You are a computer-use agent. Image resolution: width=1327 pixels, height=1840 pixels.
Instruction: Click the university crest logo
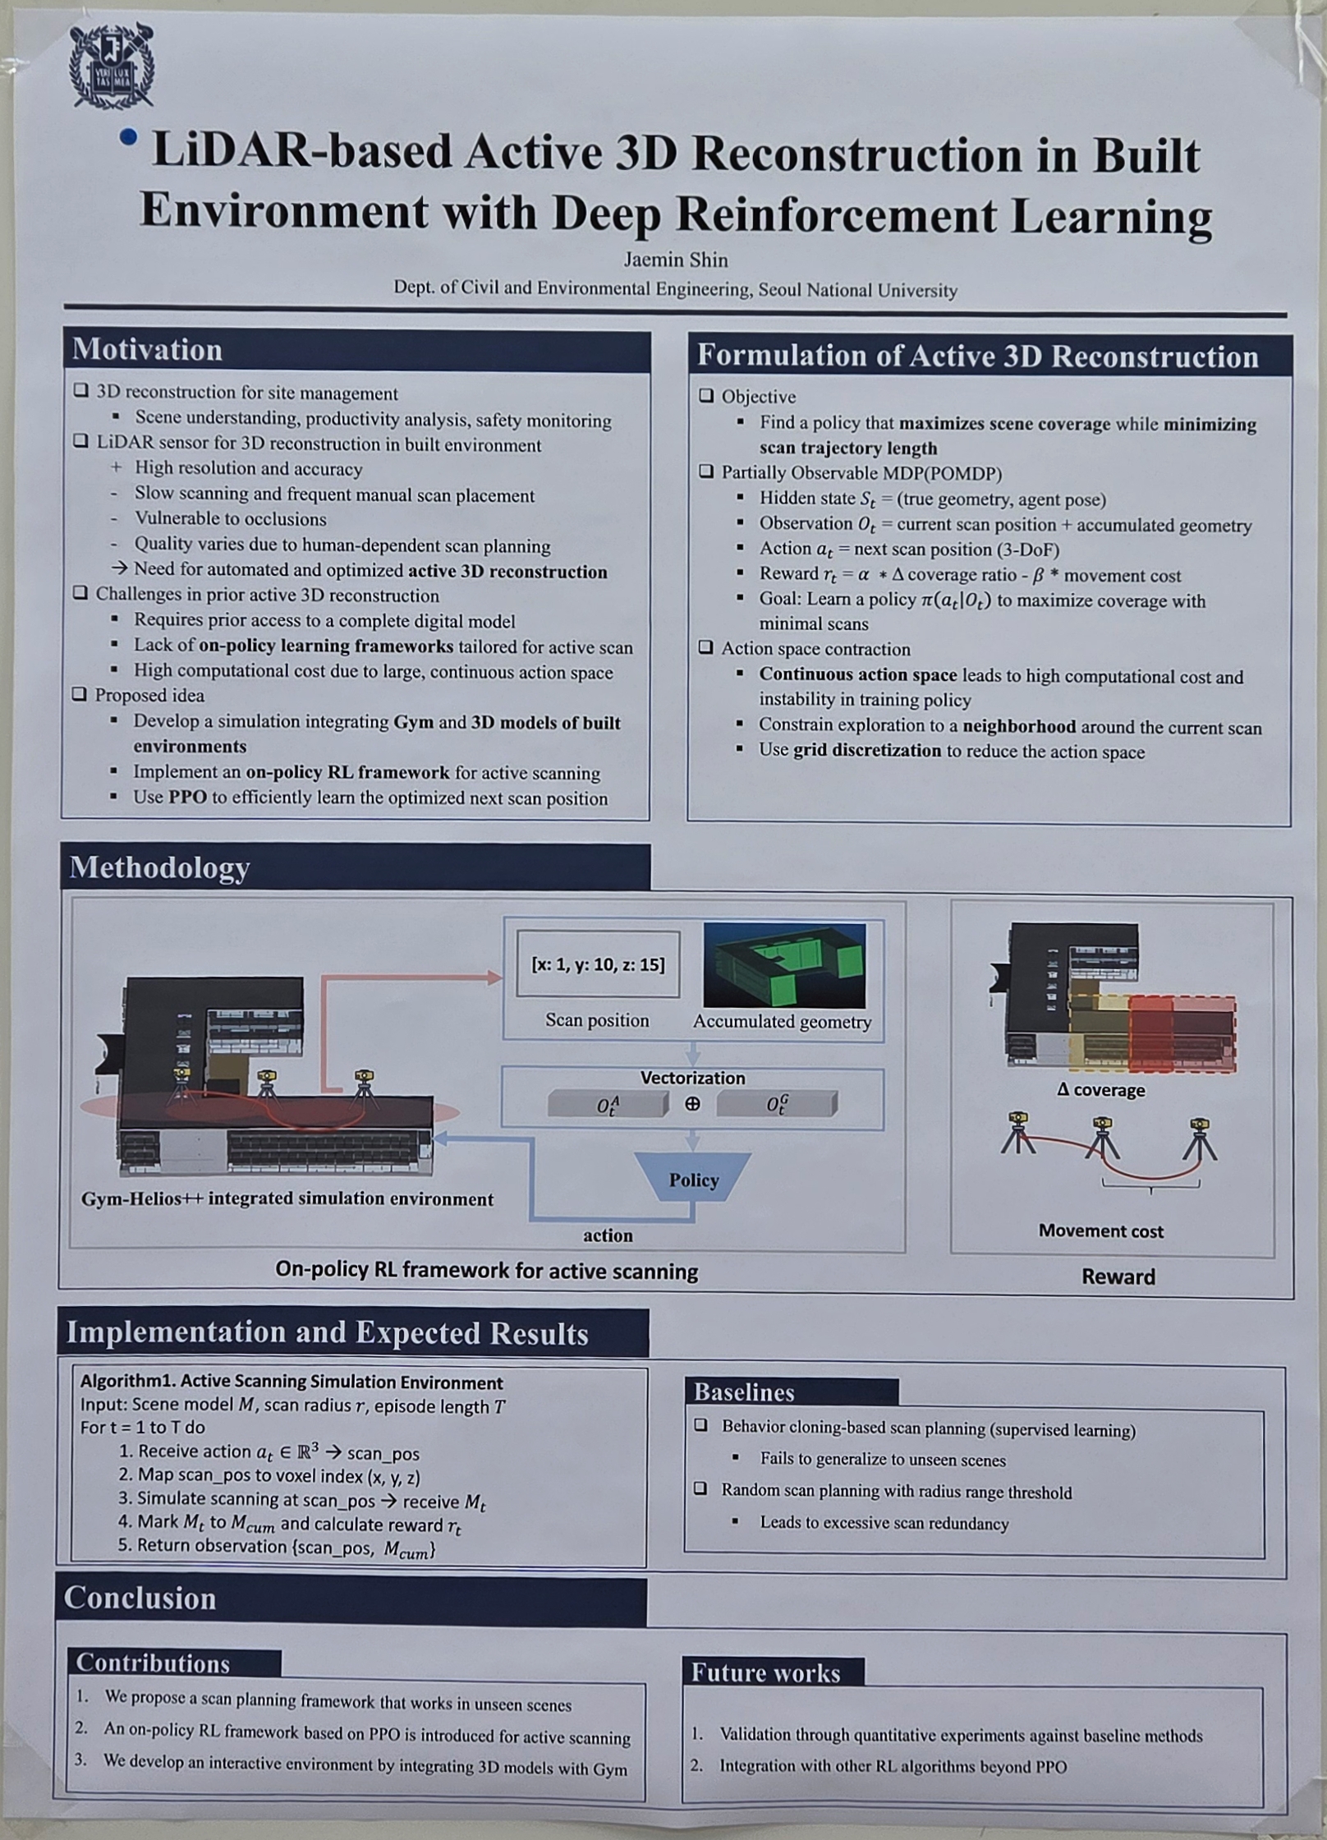[112, 66]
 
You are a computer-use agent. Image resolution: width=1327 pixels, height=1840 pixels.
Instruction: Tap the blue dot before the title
[128, 138]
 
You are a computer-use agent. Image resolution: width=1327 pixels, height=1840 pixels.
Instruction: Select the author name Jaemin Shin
[675, 260]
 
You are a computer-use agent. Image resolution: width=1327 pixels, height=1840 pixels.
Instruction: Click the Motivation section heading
[147, 350]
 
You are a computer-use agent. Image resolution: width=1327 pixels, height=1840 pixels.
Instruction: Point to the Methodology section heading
[159, 867]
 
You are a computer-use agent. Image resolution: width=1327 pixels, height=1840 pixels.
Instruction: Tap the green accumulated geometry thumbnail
[783, 965]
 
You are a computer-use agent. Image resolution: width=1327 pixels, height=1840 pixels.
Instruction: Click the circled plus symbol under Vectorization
[692, 1104]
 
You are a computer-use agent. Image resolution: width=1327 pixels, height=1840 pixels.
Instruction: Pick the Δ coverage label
[1100, 1090]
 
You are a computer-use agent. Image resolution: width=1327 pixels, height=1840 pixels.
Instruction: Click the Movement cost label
[1100, 1230]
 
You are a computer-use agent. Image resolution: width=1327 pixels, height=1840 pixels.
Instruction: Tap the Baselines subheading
[744, 1391]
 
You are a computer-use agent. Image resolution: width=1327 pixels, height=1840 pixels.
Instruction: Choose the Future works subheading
[765, 1673]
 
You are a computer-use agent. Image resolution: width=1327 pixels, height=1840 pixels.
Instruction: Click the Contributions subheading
[153, 1663]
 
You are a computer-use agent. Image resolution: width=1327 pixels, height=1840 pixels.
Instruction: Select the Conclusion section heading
[140, 1598]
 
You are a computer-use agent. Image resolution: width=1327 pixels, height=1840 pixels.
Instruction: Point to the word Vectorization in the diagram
[692, 1078]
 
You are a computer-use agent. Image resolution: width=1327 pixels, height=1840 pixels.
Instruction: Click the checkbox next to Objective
[706, 396]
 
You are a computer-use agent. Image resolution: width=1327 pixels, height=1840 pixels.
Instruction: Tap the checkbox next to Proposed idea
[80, 694]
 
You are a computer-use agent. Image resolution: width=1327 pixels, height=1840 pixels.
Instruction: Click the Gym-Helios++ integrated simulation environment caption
[287, 1198]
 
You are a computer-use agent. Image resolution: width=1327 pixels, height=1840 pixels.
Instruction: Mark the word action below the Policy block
[608, 1235]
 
